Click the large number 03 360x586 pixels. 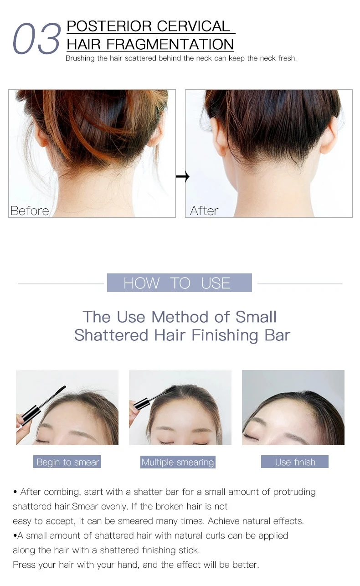coord(36,39)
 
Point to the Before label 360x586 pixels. coord(30,211)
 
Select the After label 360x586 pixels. coord(204,211)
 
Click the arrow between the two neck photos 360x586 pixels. coord(182,176)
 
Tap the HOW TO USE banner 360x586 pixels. coord(179,283)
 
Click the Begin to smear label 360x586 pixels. coord(67,462)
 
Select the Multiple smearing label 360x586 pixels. coord(178,462)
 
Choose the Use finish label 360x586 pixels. coord(295,462)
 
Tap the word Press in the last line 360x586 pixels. coord(24,565)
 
